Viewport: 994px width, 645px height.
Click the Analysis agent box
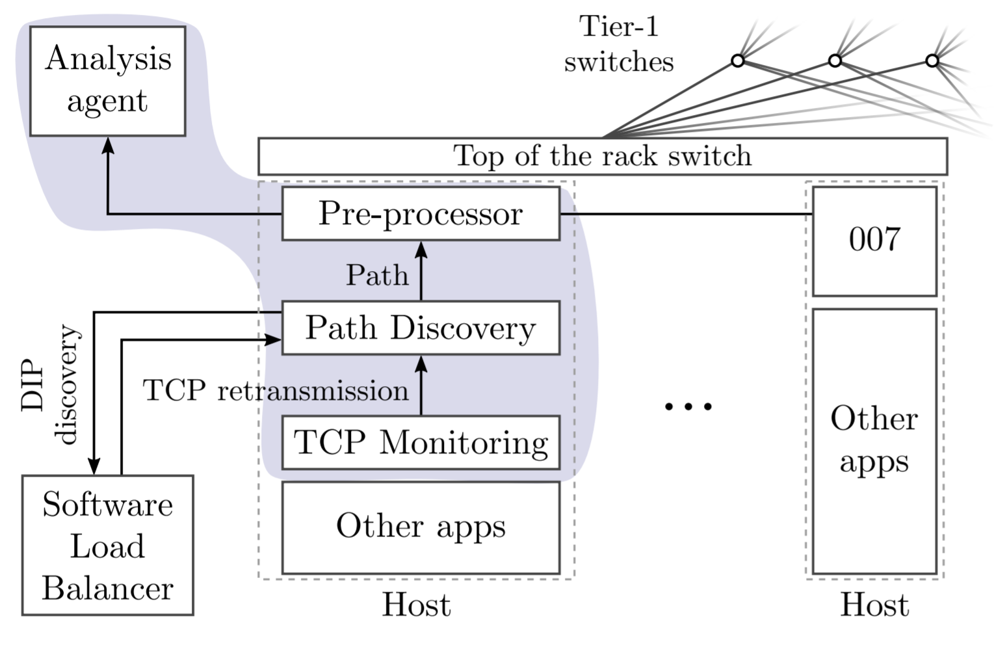tap(108, 81)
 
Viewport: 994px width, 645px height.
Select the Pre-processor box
tap(421, 214)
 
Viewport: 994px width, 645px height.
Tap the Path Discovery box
tap(421, 328)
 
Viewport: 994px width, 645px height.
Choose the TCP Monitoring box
tap(421, 442)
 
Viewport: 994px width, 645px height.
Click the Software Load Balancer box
tap(108, 546)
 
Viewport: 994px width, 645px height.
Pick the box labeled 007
tap(874, 241)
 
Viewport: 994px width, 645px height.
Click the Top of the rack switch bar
tap(603, 156)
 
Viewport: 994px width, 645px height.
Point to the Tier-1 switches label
tap(618, 44)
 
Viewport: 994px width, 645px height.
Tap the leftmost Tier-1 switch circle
tap(737, 60)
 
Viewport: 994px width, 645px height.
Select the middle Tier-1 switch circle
tap(835, 60)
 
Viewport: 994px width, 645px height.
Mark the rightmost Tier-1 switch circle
tap(932, 60)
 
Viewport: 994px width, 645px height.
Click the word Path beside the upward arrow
tap(377, 275)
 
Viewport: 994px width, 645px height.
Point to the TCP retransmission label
tap(276, 391)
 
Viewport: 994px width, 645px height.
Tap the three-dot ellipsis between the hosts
tap(688, 407)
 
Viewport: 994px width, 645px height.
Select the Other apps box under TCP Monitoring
tap(421, 527)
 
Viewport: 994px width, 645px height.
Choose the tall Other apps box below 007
tap(874, 441)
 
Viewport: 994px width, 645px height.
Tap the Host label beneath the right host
tap(874, 605)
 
